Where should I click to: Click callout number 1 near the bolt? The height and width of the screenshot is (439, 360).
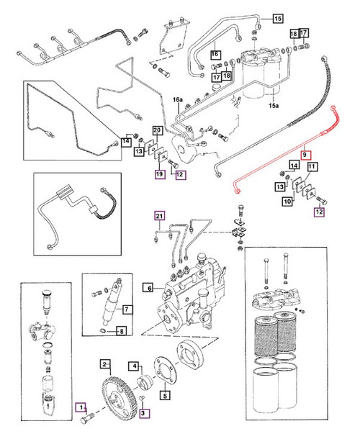pos(81,407)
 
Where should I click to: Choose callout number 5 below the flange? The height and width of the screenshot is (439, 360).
pos(165,394)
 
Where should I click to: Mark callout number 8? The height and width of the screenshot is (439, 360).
pos(121,332)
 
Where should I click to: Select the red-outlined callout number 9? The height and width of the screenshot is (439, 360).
pos(305,154)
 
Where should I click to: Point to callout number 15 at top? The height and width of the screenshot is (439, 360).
pos(278,16)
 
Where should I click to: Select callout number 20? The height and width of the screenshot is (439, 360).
pos(156,130)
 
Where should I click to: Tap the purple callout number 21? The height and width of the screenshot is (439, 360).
pos(159,214)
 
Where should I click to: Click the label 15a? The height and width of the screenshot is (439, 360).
pos(273,106)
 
